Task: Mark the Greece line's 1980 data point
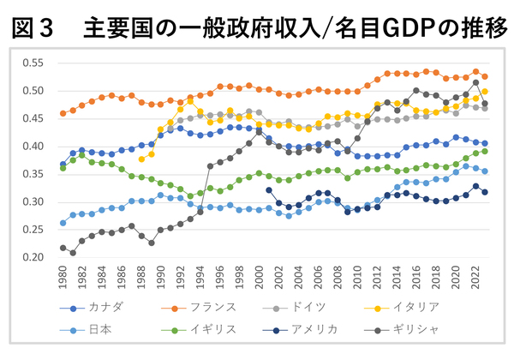coord(63,248)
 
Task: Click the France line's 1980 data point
coord(63,113)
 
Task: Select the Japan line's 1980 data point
coord(63,222)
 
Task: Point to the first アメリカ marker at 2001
coord(268,190)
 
